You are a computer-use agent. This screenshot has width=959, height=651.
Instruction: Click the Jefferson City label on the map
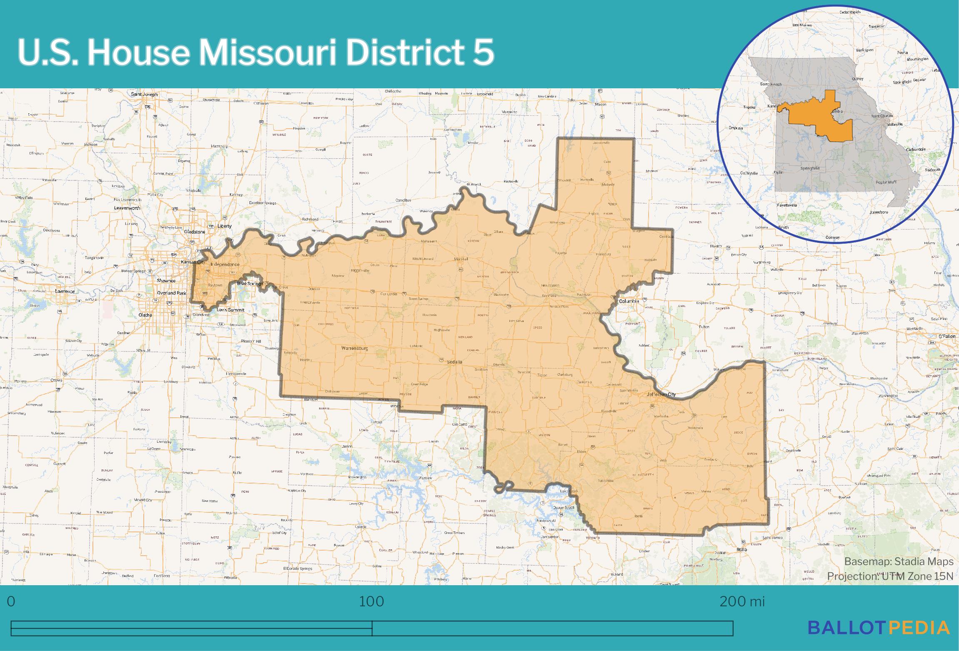pos(661,394)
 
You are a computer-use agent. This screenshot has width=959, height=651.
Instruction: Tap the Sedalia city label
pos(455,362)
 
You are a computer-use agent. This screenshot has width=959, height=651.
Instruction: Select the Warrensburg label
pos(355,348)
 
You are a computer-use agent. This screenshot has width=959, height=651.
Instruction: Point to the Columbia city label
pos(629,301)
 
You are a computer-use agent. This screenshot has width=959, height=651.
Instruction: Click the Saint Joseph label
pos(144,95)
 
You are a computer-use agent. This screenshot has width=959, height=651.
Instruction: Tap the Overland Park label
pos(172,293)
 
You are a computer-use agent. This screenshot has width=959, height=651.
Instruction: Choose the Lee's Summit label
pos(230,310)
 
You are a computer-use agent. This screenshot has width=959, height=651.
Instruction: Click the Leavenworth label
pos(127,208)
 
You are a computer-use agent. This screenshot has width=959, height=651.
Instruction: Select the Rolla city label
pos(742,549)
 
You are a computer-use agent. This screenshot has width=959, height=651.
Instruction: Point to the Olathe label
pos(145,315)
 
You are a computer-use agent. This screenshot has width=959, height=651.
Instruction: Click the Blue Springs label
pos(250,284)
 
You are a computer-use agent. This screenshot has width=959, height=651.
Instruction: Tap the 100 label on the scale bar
pos(372,601)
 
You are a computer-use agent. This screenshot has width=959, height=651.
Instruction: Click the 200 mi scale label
pos(742,601)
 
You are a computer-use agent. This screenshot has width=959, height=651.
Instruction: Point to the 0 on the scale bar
pos(11,601)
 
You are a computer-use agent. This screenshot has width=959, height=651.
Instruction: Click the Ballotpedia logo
pos(879,627)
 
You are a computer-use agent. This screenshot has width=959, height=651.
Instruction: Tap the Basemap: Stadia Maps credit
pos(899,561)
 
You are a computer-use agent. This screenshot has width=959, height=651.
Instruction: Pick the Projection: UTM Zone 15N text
pos(890,576)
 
